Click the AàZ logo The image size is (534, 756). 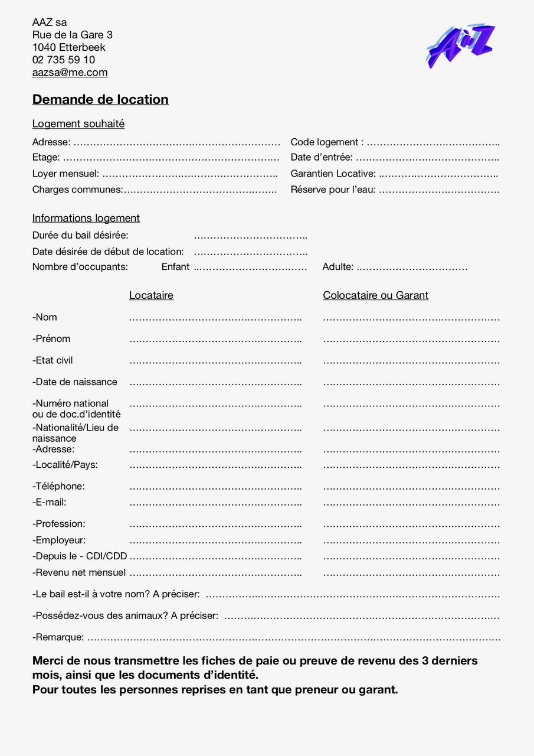coord(461,46)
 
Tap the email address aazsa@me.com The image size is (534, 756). coord(70,73)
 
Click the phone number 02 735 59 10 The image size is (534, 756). coord(63,60)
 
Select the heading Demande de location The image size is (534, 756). coord(100,100)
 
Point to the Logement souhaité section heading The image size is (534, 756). coord(78,124)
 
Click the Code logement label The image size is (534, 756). coord(326,142)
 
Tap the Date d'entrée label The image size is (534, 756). coord(321,158)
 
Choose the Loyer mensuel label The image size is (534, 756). coord(65,174)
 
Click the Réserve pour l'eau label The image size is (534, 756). coord(333,190)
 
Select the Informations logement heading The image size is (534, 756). coord(86,219)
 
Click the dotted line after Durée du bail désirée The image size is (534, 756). coord(251,236)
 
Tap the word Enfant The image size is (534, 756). coord(175,267)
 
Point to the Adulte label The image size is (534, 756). coord(338,267)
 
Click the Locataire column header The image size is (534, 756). coord(151,295)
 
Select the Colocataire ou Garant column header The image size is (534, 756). coord(375,295)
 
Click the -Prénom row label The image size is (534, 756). coord(51,339)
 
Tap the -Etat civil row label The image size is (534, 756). coord(53,360)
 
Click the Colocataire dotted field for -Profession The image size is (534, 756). coord(411,524)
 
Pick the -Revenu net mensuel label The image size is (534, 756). coord(79,572)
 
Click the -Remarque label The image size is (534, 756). coord(58,637)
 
